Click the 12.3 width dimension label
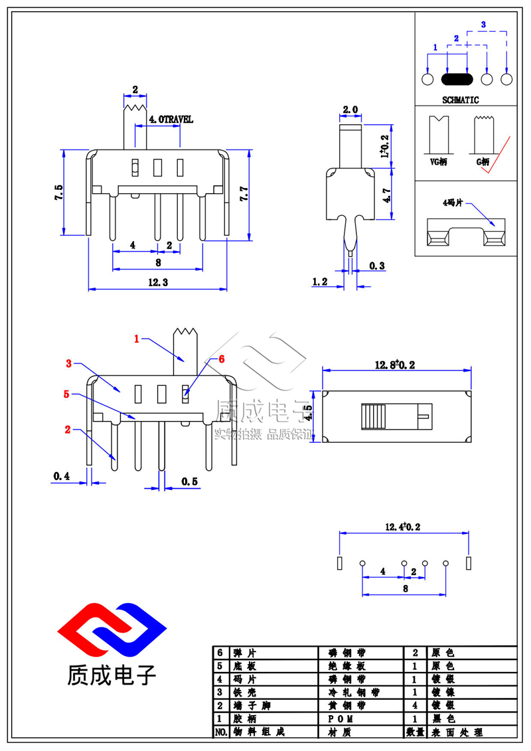[x=157, y=282]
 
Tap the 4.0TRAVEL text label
[x=171, y=120]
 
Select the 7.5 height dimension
[x=59, y=193]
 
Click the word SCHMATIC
[x=460, y=100]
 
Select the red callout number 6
[x=222, y=359]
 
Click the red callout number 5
[x=66, y=394]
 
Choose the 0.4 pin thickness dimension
[x=62, y=476]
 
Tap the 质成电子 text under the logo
[x=112, y=675]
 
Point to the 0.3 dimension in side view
[x=377, y=266]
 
